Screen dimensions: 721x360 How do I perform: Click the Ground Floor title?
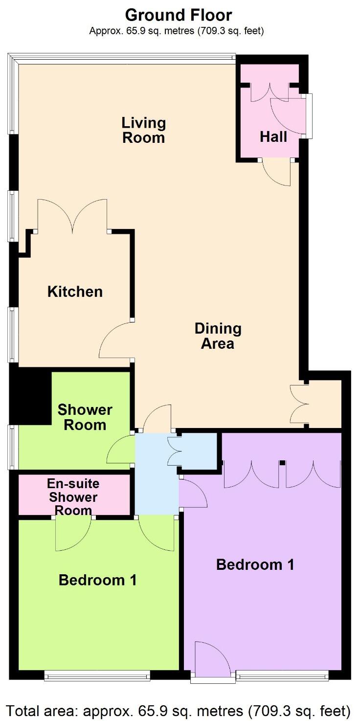(x=179, y=15)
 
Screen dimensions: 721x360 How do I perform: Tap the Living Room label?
(x=143, y=130)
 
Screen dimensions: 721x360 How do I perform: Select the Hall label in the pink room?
(x=273, y=136)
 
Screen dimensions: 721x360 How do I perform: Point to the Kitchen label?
(x=75, y=292)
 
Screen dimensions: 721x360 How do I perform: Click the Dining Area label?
(x=218, y=336)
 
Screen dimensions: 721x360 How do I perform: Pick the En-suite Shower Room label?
(x=73, y=497)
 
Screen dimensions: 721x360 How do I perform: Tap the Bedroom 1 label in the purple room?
(x=255, y=564)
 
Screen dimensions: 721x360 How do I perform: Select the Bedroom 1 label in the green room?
(x=97, y=580)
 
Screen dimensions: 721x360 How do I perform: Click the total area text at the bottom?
(x=179, y=710)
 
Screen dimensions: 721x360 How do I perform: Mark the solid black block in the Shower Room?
(x=30, y=397)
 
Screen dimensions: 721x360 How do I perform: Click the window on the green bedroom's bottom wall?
(x=97, y=676)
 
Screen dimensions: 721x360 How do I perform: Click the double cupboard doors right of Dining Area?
(x=299, y=404)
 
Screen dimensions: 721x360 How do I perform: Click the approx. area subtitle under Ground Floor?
(x=177, y=31)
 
